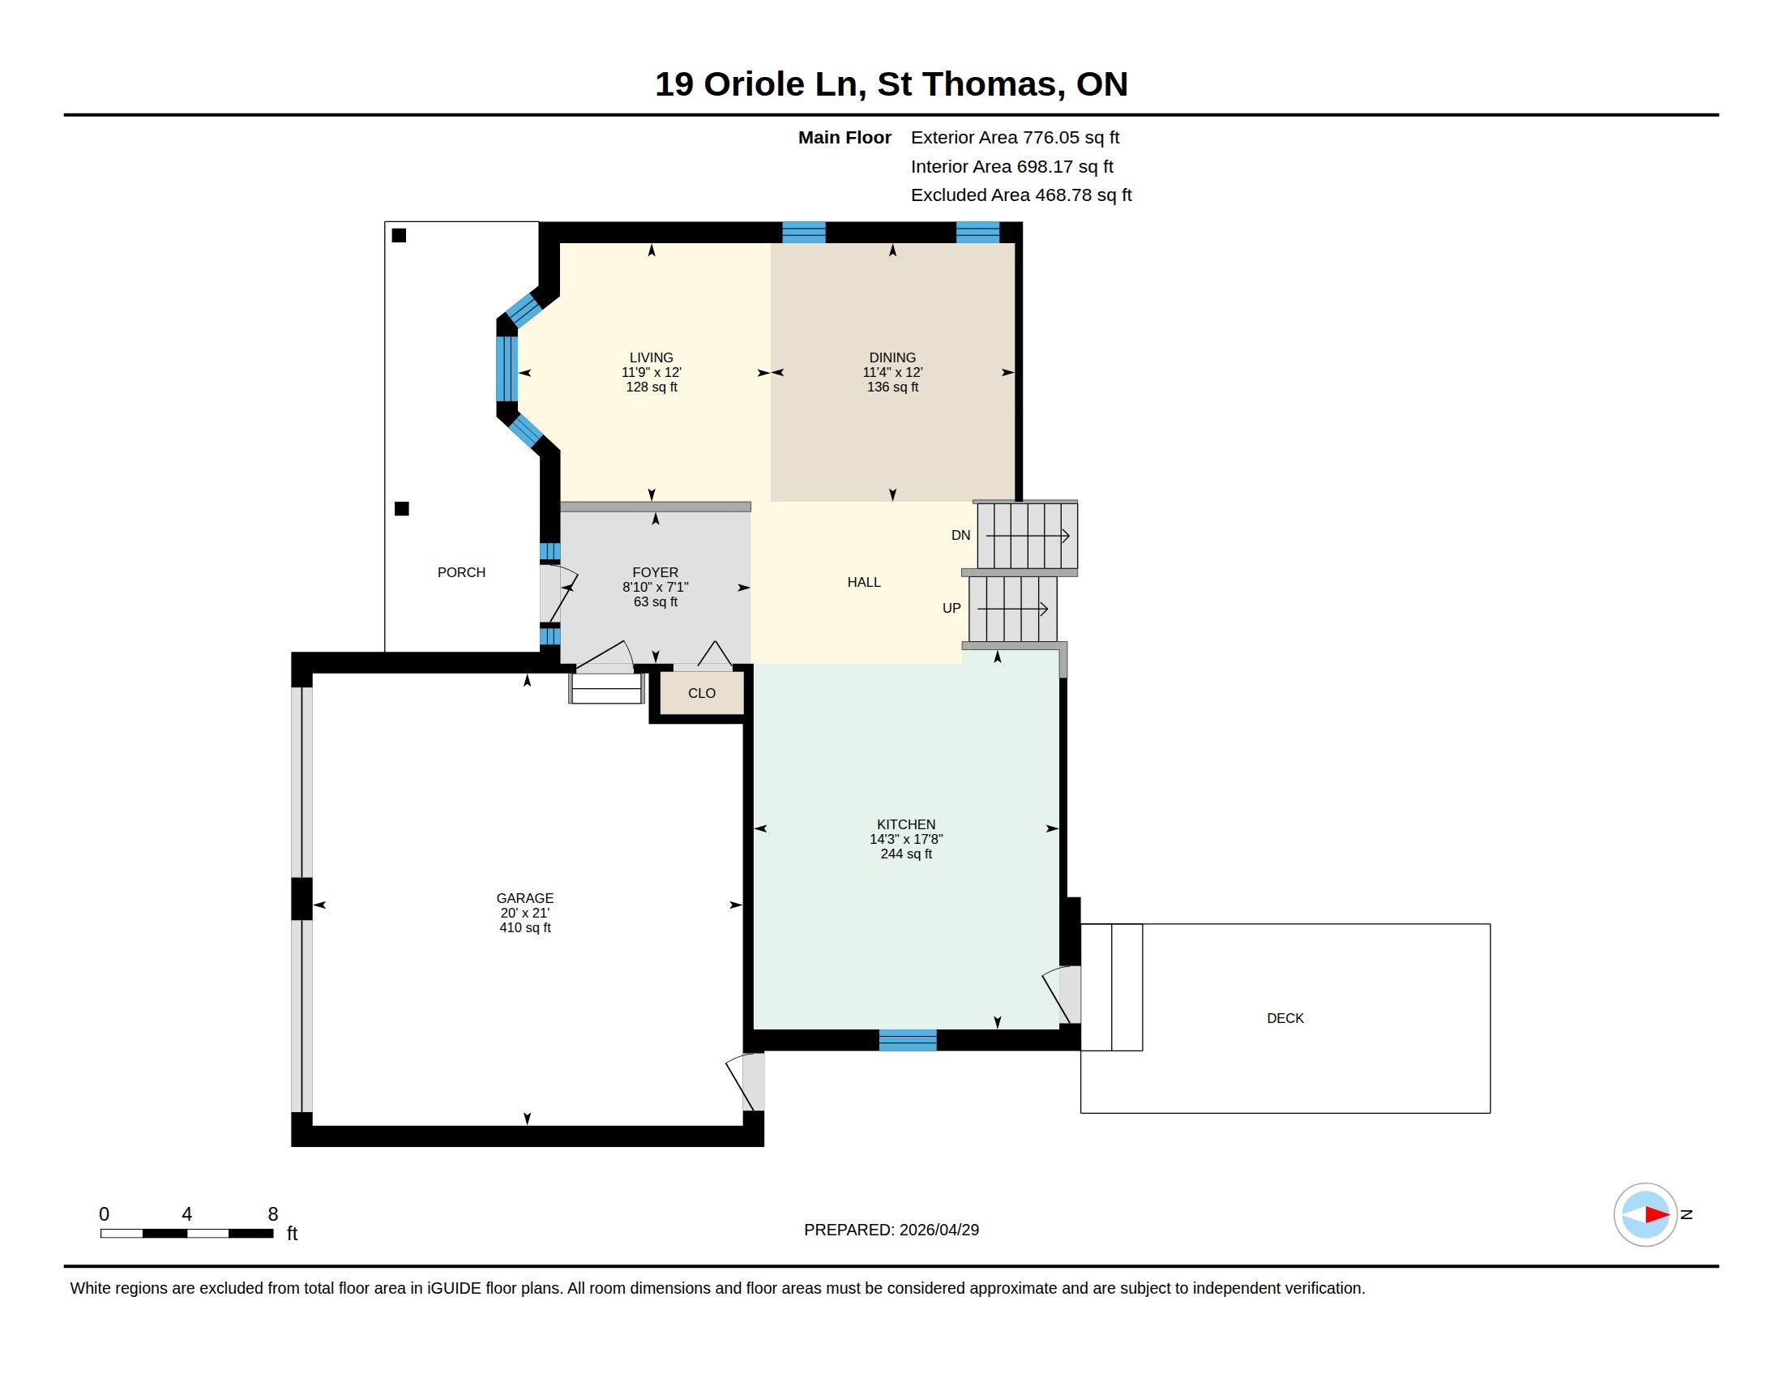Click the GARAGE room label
[x=525, y=898]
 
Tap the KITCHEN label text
[x=906, y=824]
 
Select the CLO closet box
[x=702, y=693]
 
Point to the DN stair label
[x=961, y=536]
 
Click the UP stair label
[x=952, y=608]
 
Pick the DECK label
[x=1285, y=1018]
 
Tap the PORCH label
[x=461, y=572]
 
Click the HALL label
[x=864, y=582]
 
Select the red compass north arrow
[x=1657, y=1215]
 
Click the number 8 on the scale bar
[x=272, y=1214]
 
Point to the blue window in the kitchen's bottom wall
[x=908, y=1040]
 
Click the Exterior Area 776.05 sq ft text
[x=1015, y=138]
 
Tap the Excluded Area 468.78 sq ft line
[x=1021, y=195]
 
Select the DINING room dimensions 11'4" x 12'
[x=892, y=372]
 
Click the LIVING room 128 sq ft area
[x=652, y=387]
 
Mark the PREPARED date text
[x=891, y=1230]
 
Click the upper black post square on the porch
[x=400, y=236]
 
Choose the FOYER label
[x=656, y=572]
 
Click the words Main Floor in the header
[x=844, y=138]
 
